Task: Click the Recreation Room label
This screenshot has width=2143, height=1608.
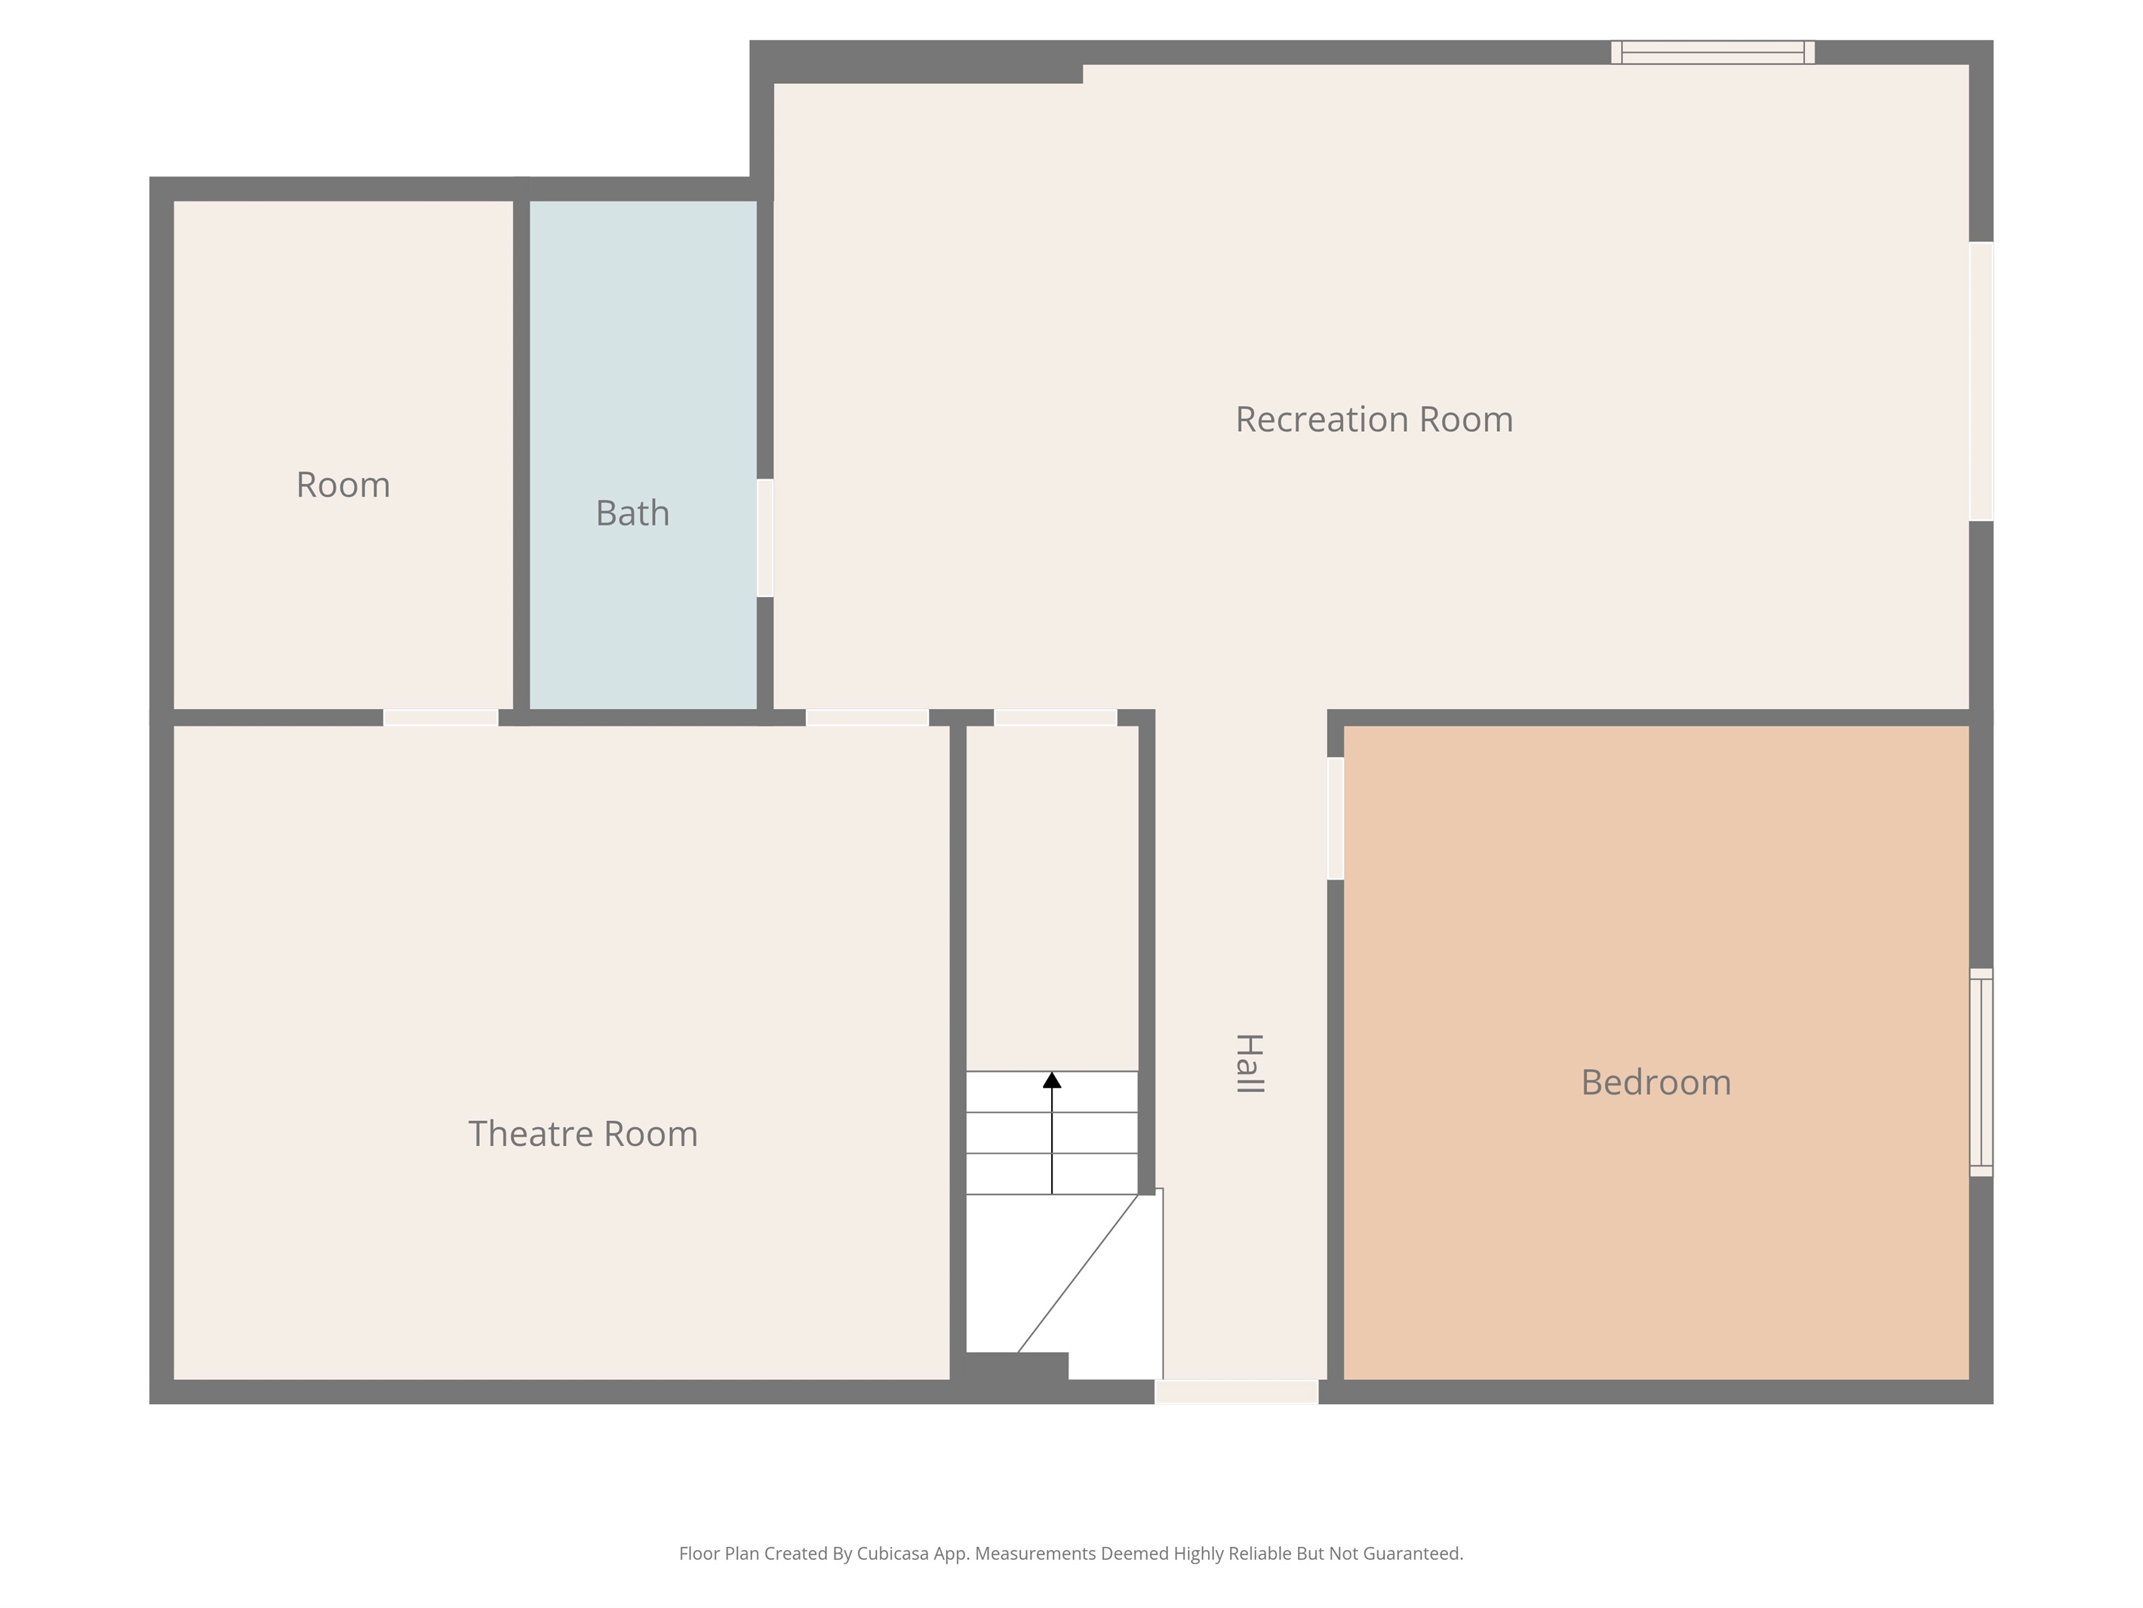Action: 1374,420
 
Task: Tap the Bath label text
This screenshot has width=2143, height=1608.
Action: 632,513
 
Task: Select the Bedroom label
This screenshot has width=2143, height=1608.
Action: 1656,1083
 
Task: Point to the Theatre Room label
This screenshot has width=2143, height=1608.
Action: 583,1134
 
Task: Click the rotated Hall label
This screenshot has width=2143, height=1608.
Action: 1250,1063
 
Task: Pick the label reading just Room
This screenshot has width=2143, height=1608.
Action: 343,485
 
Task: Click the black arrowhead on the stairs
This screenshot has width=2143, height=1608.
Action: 1052,1080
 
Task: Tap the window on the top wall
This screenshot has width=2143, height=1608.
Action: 1713,52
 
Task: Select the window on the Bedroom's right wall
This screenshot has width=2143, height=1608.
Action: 1982,1072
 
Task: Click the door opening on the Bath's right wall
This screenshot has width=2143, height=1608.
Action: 765,538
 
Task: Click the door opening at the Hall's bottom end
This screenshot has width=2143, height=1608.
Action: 1236,1392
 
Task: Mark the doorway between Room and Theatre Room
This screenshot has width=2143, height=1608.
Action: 441,718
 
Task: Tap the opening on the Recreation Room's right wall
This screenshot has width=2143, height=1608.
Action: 1982,381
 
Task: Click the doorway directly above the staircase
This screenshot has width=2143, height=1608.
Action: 1056,718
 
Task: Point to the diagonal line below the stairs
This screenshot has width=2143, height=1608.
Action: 1078,1274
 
